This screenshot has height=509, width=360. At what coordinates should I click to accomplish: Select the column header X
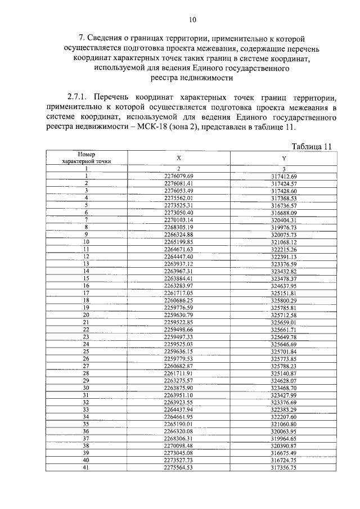pos(178,158)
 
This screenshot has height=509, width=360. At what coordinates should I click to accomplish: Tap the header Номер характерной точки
pos(87,157)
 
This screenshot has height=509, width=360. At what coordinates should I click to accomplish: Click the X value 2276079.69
pos(178,176)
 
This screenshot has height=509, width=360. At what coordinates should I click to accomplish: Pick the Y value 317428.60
pos(283,191)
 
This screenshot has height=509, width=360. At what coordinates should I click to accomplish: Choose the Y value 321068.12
pos(283,242)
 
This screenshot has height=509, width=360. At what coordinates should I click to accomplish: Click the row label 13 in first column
pos(87,264)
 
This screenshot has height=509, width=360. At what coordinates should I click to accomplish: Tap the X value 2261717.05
pos(178,293)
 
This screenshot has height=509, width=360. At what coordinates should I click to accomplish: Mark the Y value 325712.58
pos(283,315)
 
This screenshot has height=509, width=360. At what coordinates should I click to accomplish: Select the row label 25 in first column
pos(87,351)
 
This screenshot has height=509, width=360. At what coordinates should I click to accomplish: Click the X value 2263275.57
pos(178,380)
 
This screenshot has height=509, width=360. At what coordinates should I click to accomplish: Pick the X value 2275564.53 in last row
pos(178,467)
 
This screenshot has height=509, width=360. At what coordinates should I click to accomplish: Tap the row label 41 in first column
pos(87,467)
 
